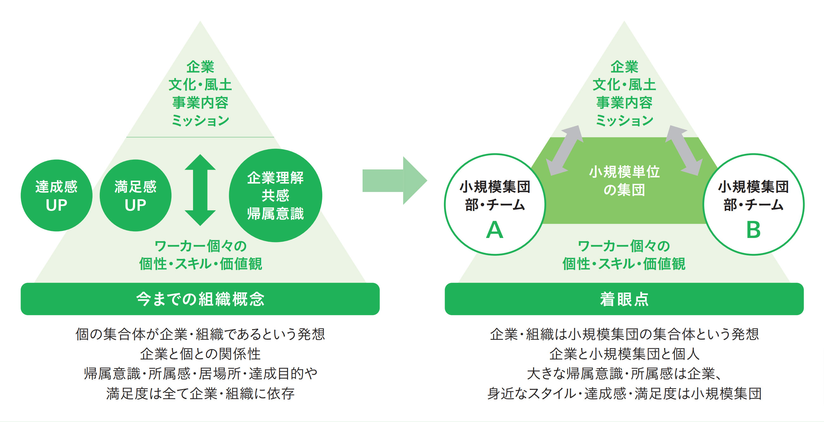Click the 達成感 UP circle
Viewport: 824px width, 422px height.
pyautogui.click(x=57, y=195)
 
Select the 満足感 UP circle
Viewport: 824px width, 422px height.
pyautogui.click(x=136, y=195)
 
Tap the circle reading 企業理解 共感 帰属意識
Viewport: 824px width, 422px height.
pyautogui.click(x=275, y=195)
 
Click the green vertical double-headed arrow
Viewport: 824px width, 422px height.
pyautogui.click(x=200, y=190)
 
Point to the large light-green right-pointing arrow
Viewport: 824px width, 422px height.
pyautogui.click(x=395, y=181)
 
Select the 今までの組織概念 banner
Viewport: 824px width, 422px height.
pyautogui.click(x=200, y=299)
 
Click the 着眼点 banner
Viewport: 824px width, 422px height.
pyautogui.click(x=624, y=299)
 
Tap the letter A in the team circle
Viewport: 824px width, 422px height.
pyautogui.click(x=494, y=230)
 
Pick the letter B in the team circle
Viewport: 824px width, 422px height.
pyautogui.click(x=753, y=230)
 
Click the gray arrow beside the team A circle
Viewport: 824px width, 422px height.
pyautogui.click(x=564, y=150)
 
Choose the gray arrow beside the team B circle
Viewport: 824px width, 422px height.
pyautogui.click(x=684, y=150)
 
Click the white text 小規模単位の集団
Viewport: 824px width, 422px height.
pyautogui.click(x=624, y=181)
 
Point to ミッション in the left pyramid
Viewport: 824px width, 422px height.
pyautogui.click(x=200, y=121)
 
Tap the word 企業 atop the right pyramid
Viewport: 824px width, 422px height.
pyautogui.click(x=624, y=67)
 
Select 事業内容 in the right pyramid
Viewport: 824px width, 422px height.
pyautogui.click(x=624, y=103)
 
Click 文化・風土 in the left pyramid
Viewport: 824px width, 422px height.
pyautogui.click(x=200, y=85)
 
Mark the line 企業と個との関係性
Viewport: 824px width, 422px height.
pyautogui.click(x=200, y=354)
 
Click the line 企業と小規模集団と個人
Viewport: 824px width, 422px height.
pyautogui.click(x=624, y=354)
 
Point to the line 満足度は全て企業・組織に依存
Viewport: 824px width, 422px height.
pyautogui.click(x=200, y=393)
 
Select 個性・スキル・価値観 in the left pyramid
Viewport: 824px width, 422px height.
pyautogui.click(x=200, y=264)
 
